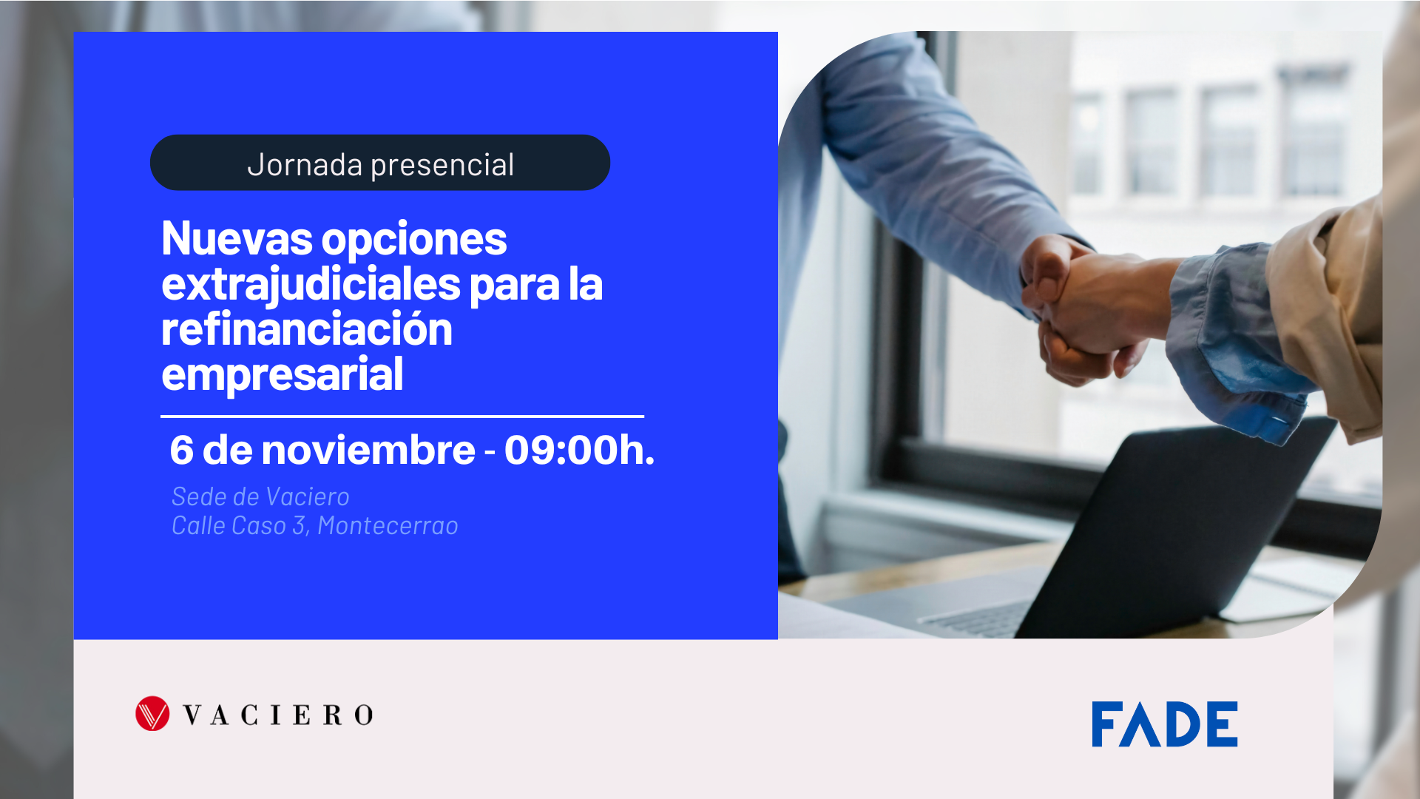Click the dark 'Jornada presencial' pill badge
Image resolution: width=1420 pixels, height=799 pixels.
(379, 163)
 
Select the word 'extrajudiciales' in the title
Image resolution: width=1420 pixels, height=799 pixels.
(311, 285)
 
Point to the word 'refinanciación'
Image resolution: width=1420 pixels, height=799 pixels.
(306, 329)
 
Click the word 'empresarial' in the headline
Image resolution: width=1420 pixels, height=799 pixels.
(282, 374)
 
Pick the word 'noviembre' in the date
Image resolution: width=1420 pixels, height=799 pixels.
(368, 450)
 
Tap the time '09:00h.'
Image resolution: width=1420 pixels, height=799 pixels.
(579, 450)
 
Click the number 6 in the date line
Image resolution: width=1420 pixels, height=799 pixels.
(181, 450)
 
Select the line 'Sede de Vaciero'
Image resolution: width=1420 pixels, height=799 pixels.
(260, 496)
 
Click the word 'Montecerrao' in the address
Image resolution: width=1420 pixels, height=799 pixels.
(388, 526)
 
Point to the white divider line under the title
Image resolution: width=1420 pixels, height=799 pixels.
(402, 417)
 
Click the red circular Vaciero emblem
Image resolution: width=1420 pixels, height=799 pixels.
(152, 714)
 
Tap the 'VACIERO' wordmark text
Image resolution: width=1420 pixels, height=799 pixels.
(278, 715)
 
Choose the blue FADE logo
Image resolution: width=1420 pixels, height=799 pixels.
(1164, 724)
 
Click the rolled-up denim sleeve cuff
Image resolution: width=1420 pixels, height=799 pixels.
(1228, 348)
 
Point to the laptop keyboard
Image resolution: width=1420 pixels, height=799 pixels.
(976, 618)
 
